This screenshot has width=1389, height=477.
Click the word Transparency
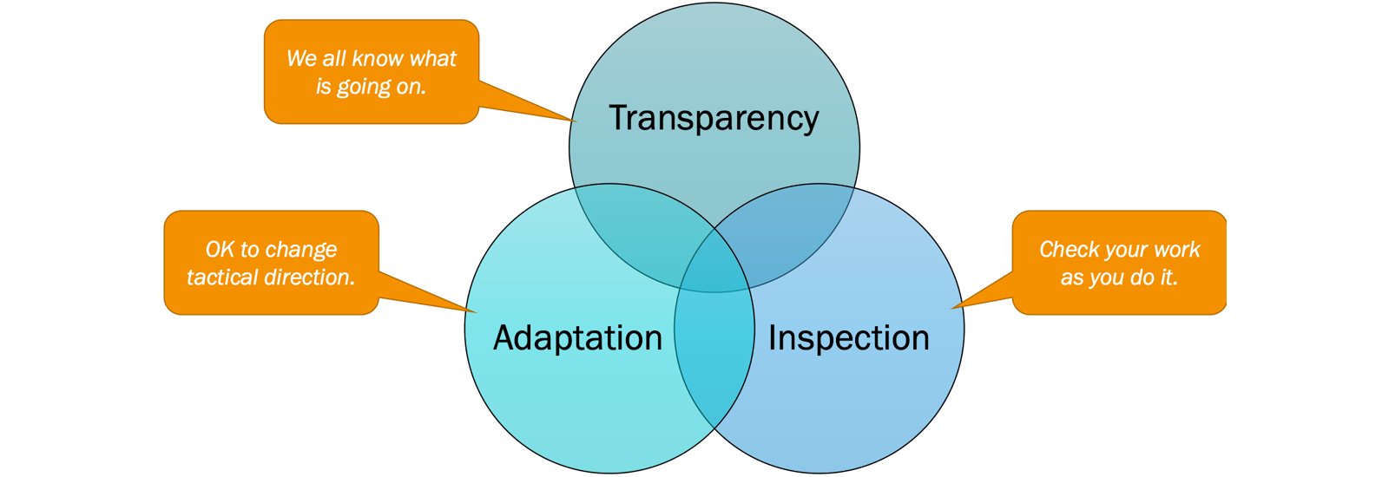click(x=714, y=119)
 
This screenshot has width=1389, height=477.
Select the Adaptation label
click(x=577, y=338)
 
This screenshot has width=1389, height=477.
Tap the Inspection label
click(x=848, y=338)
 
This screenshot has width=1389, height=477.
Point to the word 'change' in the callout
click(x=300, y=250)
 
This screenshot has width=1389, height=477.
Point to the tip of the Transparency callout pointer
click(x=575, y=121)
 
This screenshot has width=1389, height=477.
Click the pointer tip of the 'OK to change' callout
click(x=476, y=311)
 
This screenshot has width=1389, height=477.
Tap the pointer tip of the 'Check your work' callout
click(x=952, y=308)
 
